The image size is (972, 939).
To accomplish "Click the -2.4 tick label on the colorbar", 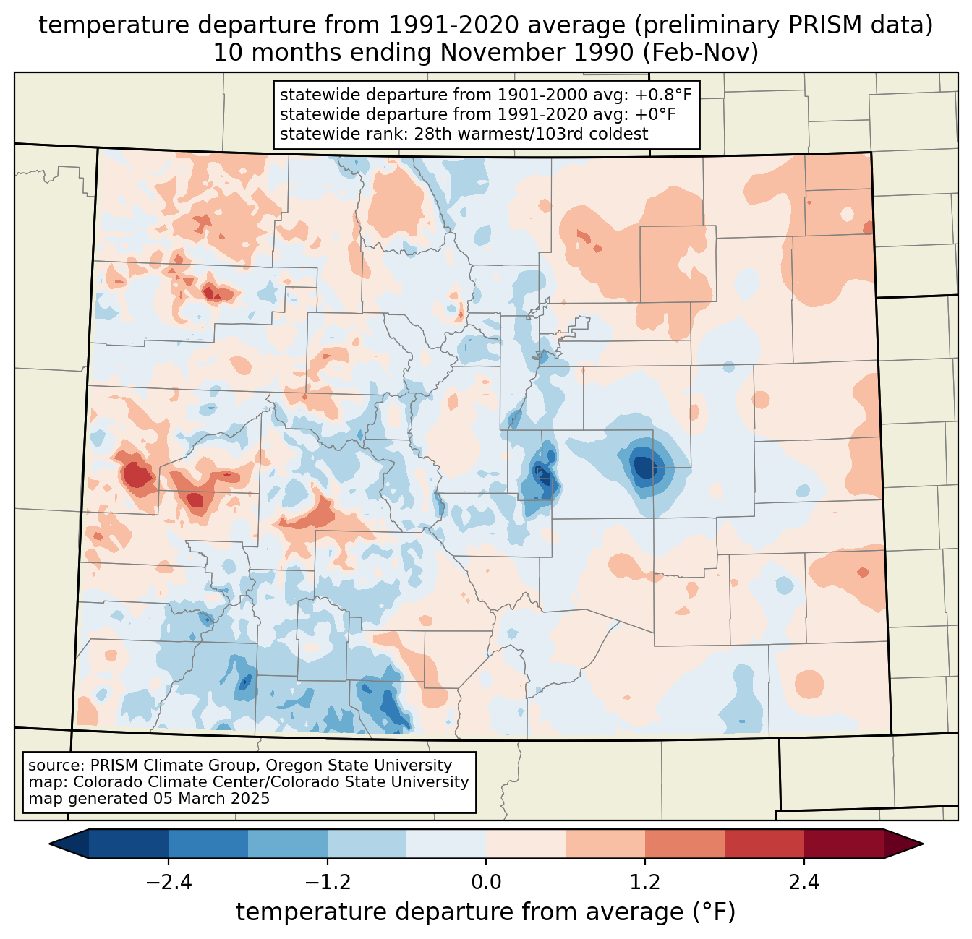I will [169, 883].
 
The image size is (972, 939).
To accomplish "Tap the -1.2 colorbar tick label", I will [327, 883].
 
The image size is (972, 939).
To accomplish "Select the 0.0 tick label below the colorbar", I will [486, 883].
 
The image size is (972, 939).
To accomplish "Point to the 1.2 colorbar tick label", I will [645, 883].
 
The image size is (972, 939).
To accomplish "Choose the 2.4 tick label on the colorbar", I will [803, 883].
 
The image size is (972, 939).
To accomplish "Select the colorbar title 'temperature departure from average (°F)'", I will [486, 912].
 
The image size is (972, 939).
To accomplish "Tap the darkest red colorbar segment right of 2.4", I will [843, 844].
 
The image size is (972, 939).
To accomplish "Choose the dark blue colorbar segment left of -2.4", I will [129, 844].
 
